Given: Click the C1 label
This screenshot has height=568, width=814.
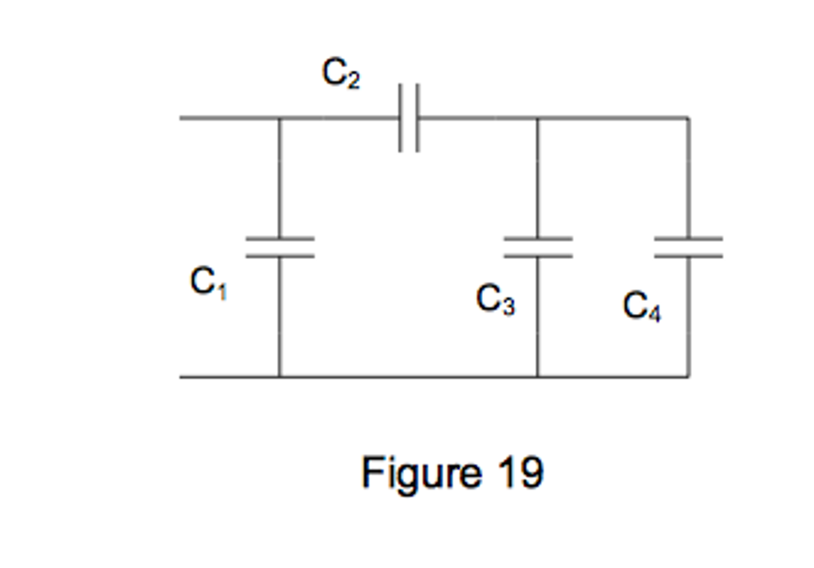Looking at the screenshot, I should click(x=208, y=283).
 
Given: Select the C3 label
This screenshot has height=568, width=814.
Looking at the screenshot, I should click(x=495, y=300).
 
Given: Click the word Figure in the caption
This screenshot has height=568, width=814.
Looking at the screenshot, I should click(x=421, y=473).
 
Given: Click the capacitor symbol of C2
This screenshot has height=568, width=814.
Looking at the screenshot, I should click(x=409, y=118).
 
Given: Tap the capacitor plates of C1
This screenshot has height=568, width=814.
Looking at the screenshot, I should click(x=280, y=248).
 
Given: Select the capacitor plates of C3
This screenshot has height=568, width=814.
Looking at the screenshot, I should click(x=538, y=248).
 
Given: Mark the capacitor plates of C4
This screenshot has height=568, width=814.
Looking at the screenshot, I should click(x=688, y=248).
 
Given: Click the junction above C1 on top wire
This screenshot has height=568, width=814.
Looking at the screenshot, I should click(x=280, y=118).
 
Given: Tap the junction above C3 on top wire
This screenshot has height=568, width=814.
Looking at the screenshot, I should click(x=538, y=118).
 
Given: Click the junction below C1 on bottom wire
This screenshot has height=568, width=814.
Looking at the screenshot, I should click(x=280, y=376).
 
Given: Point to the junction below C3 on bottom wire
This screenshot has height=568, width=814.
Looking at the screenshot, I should click(x=538, y=376).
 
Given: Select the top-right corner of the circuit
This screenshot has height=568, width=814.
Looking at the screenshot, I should click(x=688, y=118).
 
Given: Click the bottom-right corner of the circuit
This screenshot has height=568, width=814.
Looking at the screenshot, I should click(x=688, y=376).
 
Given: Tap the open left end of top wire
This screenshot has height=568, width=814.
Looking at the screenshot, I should click(x=181, y=118).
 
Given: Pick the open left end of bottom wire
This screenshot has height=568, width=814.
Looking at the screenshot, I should click(x=181, y=376).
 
